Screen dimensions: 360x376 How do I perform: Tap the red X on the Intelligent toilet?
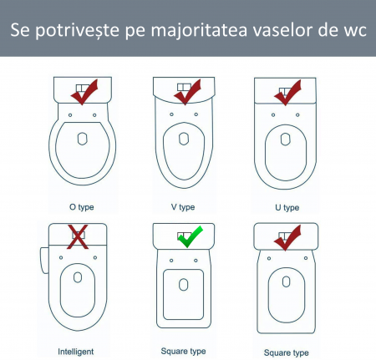tap(79, 236)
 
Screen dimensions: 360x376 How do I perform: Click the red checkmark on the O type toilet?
tap(86, 90)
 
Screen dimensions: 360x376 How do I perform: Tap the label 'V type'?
tap(182, 206)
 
